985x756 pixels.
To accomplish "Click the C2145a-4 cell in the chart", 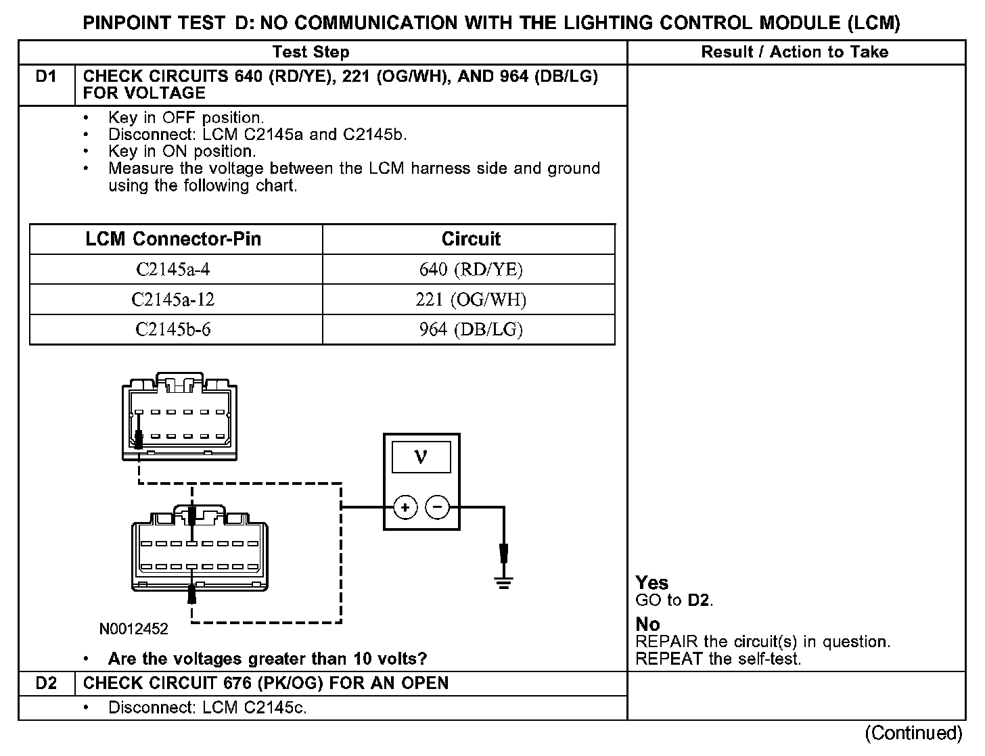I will [173, 270].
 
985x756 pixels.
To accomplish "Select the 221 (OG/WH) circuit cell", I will [471, 300].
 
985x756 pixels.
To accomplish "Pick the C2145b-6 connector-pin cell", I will [173, 329].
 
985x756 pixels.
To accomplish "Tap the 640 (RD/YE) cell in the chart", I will [471, 270].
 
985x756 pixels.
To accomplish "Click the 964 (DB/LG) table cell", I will [471, 329].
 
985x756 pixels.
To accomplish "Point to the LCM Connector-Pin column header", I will [173, 239].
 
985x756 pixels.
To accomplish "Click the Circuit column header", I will [471, 239].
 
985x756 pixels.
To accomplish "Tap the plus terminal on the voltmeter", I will [405, 507].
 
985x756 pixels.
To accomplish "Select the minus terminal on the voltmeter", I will [438, 507].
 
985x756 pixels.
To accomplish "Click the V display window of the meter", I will [421, 458].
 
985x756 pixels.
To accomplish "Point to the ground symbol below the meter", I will [503, 582].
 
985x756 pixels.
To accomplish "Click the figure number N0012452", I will [134, 629].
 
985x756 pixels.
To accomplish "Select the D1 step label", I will [46, 77].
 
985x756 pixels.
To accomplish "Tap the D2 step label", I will [46, 683].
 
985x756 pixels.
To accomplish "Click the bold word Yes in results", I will [651, 583].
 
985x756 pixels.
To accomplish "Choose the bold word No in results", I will [647, 624].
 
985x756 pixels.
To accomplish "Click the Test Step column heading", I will [311, 52].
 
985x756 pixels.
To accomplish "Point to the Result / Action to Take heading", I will [795, 52].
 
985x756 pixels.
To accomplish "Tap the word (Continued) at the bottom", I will [913, 733].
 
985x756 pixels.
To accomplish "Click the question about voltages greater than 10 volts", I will [267, 659].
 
